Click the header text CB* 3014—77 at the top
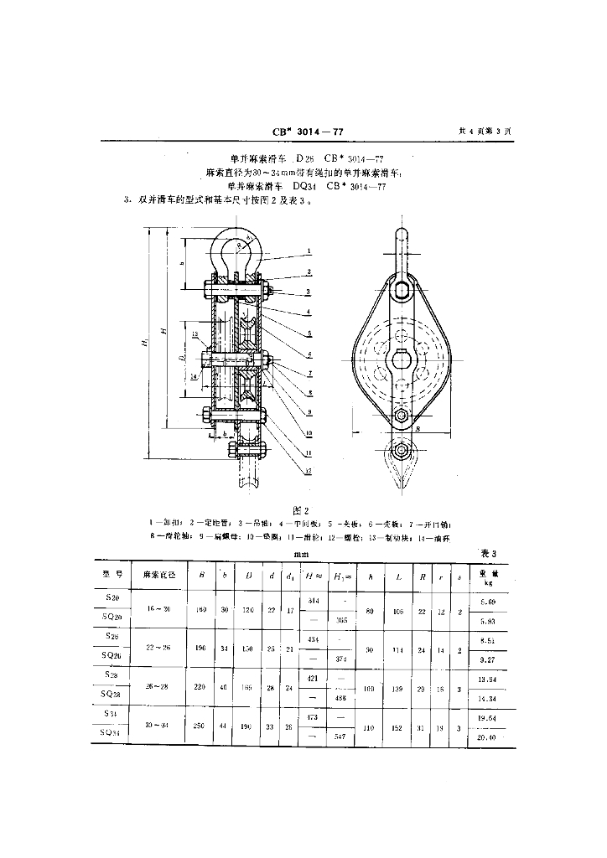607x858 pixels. (x=309, y=131)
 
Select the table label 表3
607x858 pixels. (x=488, y=554)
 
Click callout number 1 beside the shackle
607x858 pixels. (x=309, y=251)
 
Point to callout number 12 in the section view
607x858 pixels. (x=309, y=472)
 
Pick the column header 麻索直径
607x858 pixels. (x=159, y=575)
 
